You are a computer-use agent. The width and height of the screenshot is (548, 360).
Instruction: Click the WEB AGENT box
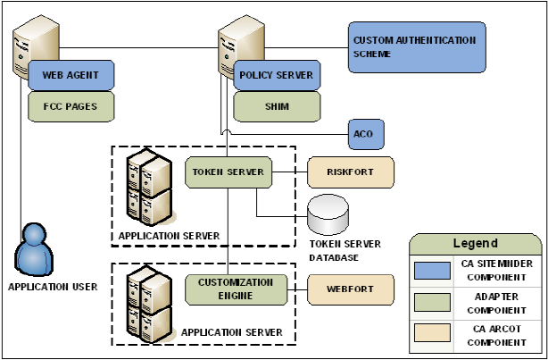71,75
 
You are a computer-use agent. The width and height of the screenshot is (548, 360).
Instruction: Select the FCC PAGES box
71,107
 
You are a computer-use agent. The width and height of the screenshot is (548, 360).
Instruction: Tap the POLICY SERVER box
277,75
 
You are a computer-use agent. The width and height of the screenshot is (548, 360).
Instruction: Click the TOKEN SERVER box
228,172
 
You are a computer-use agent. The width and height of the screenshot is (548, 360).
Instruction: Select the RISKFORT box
350,172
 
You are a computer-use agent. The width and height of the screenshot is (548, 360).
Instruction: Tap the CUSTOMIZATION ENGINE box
237,289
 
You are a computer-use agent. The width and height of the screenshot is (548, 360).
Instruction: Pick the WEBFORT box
350,289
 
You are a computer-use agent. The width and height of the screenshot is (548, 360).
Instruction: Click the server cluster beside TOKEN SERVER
148,189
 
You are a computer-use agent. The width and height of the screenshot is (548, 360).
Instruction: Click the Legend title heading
474,243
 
